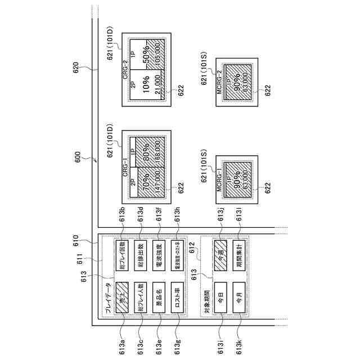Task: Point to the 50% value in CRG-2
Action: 147,60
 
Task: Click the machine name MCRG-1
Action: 220,182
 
